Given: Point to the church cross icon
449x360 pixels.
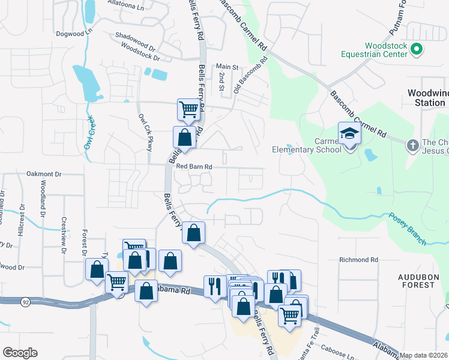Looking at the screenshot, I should tap(412, 145).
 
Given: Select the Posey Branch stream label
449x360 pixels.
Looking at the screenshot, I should tap(407, 229).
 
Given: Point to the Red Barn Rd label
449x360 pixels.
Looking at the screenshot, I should tap(194, 166).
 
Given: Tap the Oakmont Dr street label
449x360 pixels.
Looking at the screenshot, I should tap(44, 174).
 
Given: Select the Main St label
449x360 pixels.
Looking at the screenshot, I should tap(228, 67).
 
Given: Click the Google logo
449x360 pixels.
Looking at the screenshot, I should tap(20, 353).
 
